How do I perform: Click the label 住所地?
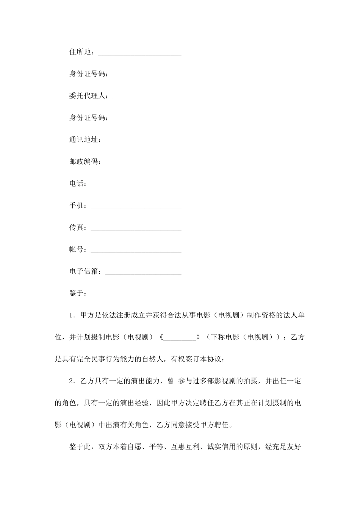click(x=80, y=52)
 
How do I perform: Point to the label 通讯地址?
click(x=84, y=140)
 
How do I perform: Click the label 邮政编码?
click(x=84, y=162)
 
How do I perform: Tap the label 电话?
click(x=77, y=184)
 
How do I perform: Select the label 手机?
click(x=77, y=206)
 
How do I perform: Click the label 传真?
click(x=77, y=228)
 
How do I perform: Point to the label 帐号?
click(x=77, y=250)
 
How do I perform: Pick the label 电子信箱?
click(x=84, y=272)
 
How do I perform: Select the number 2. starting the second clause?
click(x=72, y=381)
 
